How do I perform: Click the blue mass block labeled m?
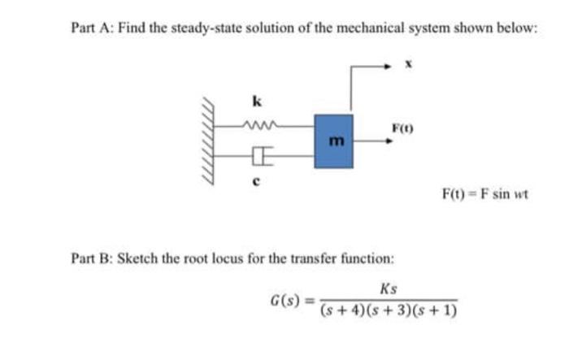pos(333,141)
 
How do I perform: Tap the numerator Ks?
pos(388,288)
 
